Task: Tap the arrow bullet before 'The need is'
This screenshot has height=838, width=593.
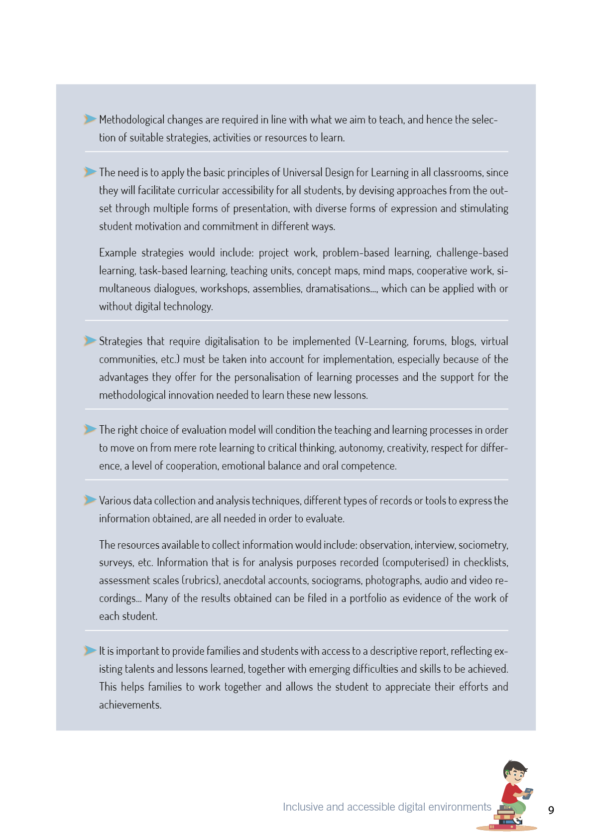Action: [x=90, y=172]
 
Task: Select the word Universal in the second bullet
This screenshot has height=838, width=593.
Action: [x=302, y=173]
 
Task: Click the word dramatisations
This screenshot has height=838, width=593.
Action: [x=339, y=289]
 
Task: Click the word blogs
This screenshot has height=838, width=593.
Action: [x=463, y=342]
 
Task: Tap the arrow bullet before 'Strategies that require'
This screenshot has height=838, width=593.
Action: [x=90, y=341]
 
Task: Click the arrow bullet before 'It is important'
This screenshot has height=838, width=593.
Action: [x=90, y=650]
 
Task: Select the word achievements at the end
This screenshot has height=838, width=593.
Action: [x=129, y=705]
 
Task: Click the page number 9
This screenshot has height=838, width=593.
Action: [x=551, y=810]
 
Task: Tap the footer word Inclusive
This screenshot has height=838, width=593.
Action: [x=303, y=807]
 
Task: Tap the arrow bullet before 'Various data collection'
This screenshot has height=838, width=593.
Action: [x=90, y=500]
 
